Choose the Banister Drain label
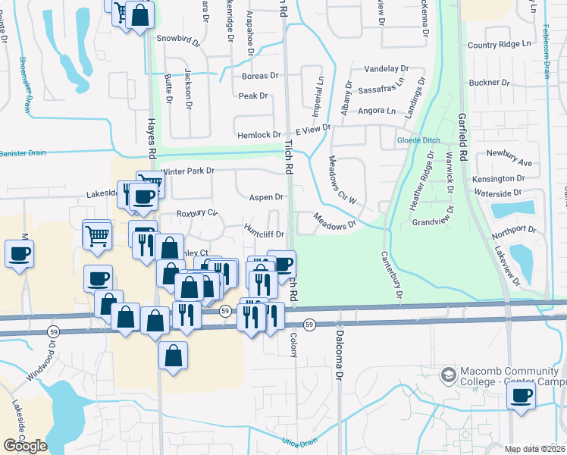23,152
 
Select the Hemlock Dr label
259,135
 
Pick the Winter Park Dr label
187,171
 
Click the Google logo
25,445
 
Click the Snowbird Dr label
177,37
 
